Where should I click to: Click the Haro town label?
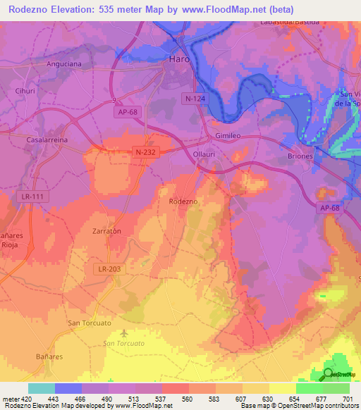point(180,60)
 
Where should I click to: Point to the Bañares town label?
point(49,356)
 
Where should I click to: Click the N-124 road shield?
point(193,98)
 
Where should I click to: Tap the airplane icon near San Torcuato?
point(125,333)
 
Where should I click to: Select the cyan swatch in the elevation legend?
point(42,388)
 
